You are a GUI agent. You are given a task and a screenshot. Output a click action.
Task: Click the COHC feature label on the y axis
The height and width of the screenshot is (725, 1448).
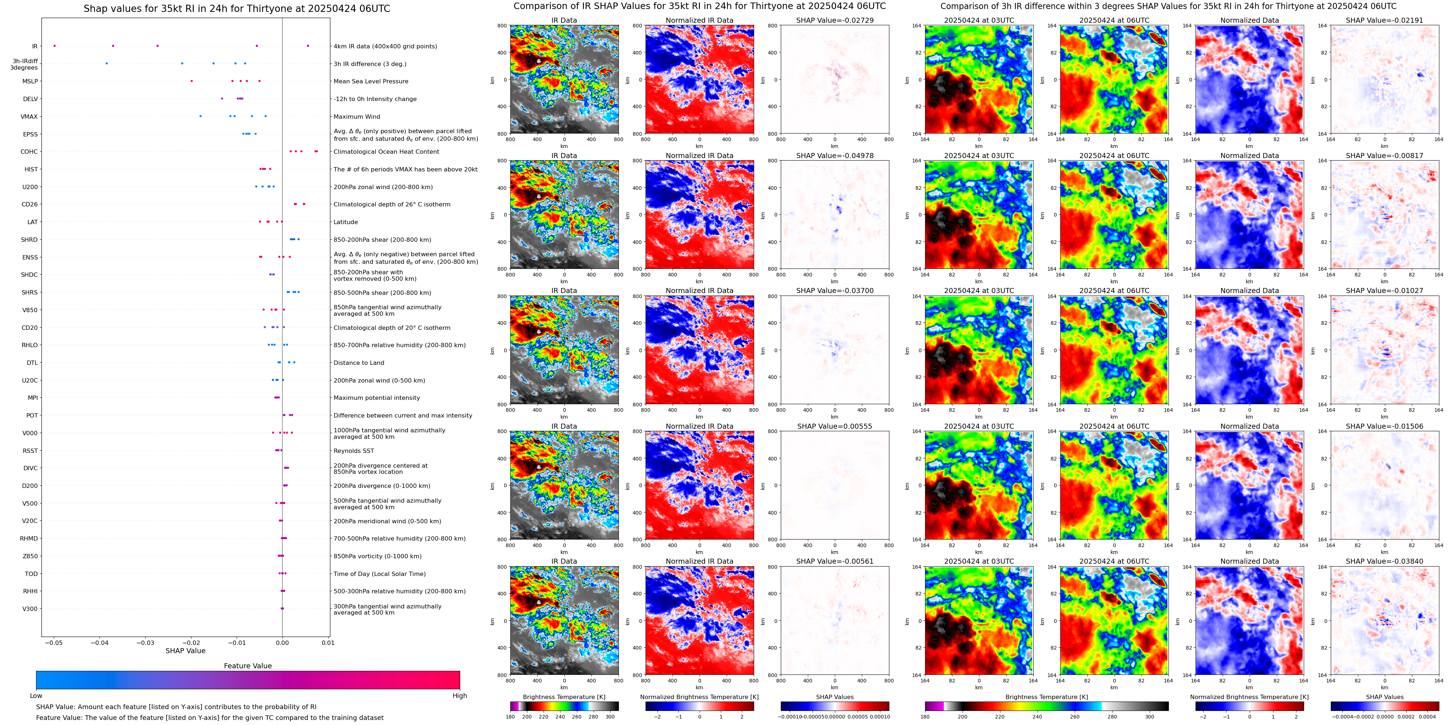pos(29,152)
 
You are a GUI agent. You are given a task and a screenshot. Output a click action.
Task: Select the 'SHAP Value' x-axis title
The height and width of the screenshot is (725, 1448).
pos(185,651)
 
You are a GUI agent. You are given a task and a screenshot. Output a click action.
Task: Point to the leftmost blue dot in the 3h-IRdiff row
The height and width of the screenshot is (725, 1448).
pos(107,64)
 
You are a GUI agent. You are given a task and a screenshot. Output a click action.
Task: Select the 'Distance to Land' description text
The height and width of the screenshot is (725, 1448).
pos(358,363)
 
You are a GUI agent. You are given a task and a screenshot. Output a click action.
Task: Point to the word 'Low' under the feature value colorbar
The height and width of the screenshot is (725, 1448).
pos(36,696)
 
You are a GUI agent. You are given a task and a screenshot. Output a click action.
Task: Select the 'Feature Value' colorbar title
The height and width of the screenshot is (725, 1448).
pos(247,666)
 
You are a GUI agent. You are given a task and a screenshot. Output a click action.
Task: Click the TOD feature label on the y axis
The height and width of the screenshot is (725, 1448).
pos(31,574)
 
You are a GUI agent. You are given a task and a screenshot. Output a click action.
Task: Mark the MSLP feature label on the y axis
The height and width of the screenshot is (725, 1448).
pos(30,82)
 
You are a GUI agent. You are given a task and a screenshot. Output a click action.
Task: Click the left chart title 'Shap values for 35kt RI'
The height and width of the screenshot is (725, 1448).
pos(237,8)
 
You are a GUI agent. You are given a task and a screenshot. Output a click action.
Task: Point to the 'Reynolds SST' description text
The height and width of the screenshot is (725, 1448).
pos(353,451)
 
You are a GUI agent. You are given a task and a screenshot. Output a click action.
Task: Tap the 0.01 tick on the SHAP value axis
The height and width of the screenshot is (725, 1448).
pos(328,642)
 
